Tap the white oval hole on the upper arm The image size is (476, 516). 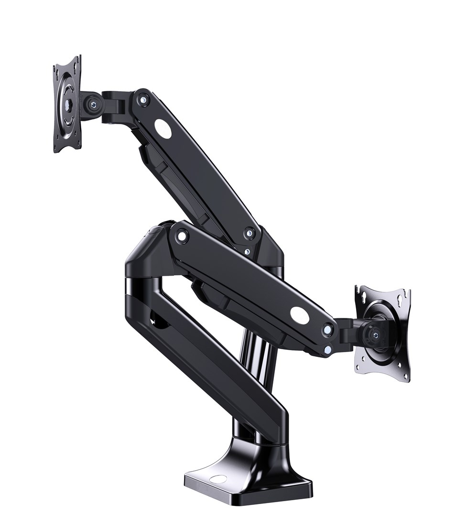click(x=162, y=129)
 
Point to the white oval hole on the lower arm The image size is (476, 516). click(x=300, y=314)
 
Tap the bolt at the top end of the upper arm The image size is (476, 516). click(x=142, y=99)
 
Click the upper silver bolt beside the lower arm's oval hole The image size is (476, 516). click(x=327, y=329)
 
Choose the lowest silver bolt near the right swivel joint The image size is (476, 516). click(x=327, y=350)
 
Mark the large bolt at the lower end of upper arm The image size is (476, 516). click(x=249, y=234)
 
